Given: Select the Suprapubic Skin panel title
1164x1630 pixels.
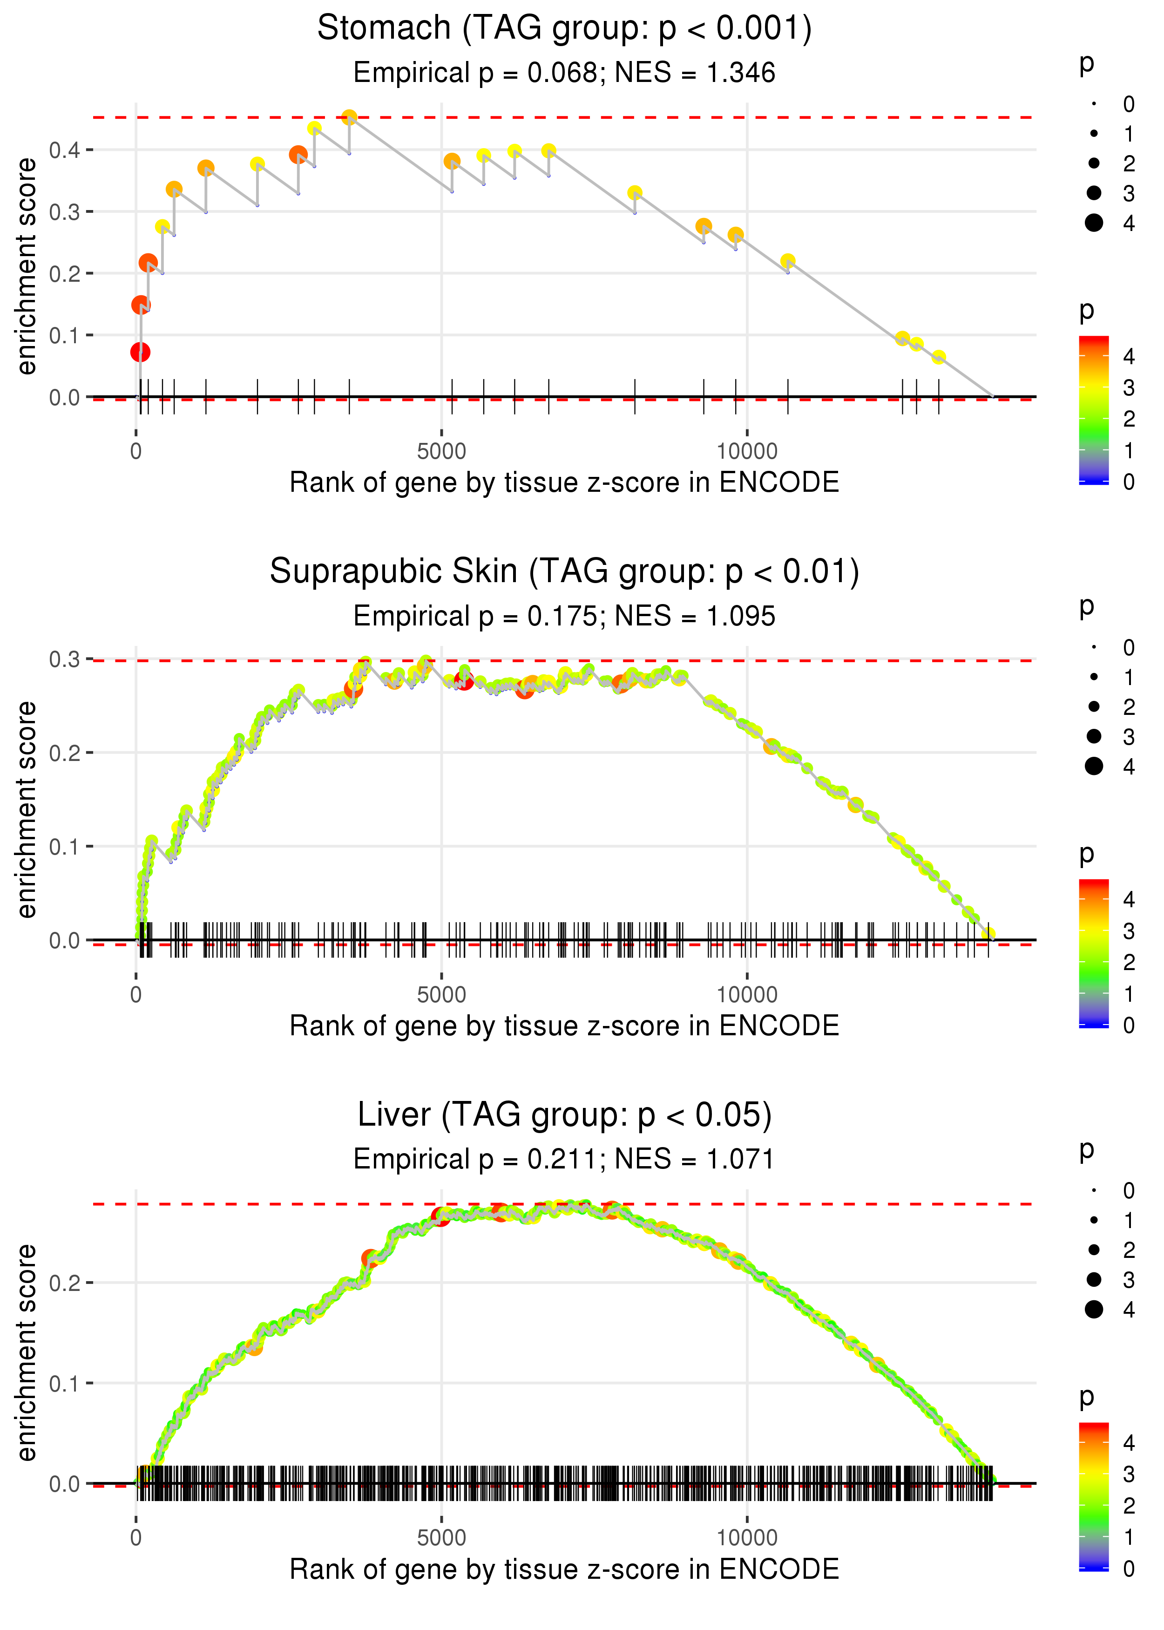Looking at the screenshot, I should (564, 572).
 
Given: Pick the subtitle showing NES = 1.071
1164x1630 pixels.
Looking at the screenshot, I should (564, 1159).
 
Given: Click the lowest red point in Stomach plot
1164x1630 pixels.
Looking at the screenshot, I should (141, 352).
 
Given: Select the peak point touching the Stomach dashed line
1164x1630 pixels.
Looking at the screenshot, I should (349, 117).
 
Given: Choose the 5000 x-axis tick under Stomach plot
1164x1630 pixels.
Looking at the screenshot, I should (441, 452).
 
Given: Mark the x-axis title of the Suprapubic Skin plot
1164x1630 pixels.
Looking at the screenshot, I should (564, 1026).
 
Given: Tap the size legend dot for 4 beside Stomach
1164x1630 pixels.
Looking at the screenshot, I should (1094, 223).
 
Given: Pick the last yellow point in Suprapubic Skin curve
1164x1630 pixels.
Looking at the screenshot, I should (989, 933).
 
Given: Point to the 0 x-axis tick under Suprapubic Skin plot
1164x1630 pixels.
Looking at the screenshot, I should (136, 995).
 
